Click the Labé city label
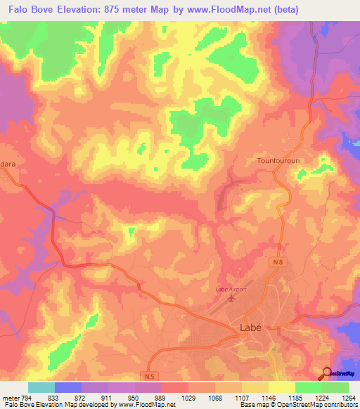[246, 327]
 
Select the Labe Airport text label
[231, 289]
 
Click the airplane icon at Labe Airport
[231, 299]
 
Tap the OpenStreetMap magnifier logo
[327, 372]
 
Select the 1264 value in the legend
[347, 397]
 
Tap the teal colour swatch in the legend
[41, 387]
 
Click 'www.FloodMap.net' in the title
[231, 10]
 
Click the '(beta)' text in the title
[287, 10]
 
